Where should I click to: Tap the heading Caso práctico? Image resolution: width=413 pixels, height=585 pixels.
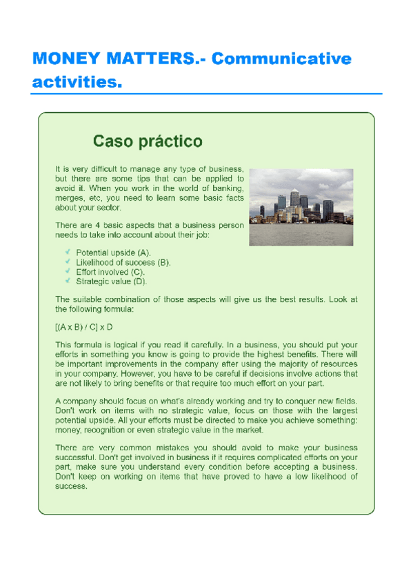(148, 142)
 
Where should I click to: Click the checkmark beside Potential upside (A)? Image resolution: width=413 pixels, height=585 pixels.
(68, 252)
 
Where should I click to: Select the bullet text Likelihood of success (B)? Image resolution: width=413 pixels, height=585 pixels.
(123, 262)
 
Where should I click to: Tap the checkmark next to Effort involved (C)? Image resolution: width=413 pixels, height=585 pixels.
(68, 271)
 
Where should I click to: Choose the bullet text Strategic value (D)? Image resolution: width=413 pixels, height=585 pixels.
(112, 281)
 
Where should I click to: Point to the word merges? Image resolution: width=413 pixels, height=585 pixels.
(70, 198)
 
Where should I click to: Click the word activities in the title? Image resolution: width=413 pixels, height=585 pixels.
(72, 83)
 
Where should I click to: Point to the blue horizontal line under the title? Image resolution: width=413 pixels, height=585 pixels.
(207, 94)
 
